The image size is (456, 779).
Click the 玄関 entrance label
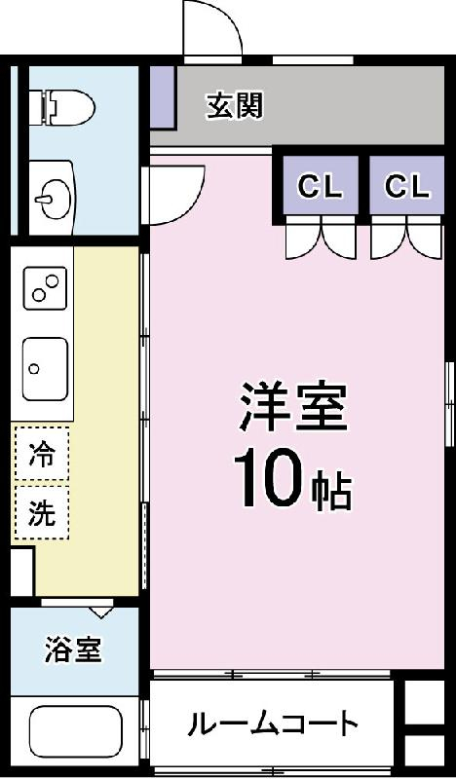click(234, 105)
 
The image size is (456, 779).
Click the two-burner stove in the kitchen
click(45, 287)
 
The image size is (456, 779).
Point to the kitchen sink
click(45, 369)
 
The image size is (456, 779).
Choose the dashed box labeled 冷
click(42, 453)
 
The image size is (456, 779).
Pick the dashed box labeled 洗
click(42, 512)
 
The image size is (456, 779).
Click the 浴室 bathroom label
click(73, 649)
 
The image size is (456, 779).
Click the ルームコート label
click(273, 723)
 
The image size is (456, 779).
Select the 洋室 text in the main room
click(293, 406)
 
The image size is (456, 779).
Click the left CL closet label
click(321, 186)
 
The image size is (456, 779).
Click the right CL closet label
click(406, 186)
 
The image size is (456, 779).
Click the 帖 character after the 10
click(331, 493)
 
